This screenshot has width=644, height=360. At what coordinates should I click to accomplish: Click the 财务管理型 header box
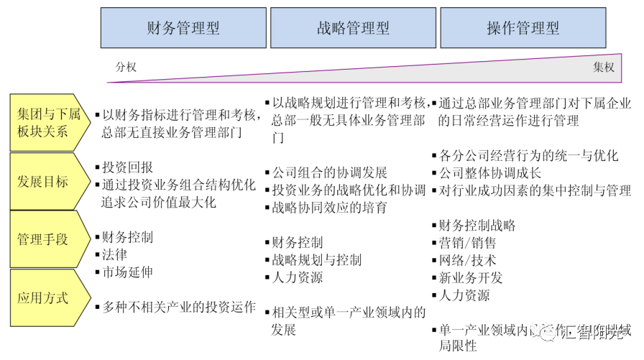coord(183,28)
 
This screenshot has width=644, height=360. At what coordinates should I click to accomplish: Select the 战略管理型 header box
coord(353,28)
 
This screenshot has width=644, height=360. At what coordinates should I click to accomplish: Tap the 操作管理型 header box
coord(523,28)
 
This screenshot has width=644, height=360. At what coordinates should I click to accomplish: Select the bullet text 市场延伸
coord(127,272)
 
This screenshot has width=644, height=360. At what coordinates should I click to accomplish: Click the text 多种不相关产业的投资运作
coord(179,307)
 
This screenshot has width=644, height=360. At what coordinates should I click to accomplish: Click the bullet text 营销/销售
coord(467,243)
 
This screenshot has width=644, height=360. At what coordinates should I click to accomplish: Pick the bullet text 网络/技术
coord(467,260)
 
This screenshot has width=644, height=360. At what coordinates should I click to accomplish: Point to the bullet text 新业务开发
coord(471,277)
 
